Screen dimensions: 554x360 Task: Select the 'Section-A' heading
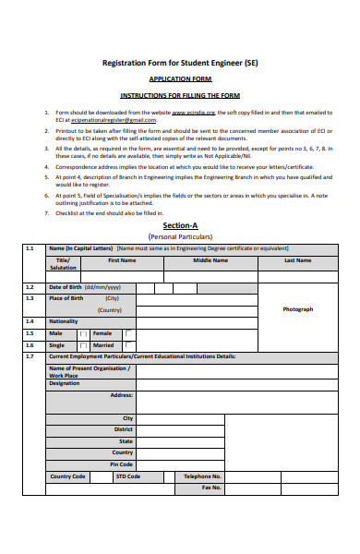[180, 225]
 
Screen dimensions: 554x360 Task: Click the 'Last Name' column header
[296, 260]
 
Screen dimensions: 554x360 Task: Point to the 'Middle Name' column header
[210, 260]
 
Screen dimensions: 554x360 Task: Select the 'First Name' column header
[122, 260]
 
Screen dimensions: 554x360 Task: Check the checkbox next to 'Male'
[84, 333]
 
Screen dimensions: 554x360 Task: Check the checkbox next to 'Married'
[128, 344]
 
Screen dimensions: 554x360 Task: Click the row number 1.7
[30, 355]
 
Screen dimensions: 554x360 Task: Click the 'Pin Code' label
[121, 464]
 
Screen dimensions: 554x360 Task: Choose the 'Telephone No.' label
[203, 476]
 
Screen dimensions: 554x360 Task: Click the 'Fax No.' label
[211, 487]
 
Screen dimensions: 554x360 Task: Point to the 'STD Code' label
[127, 476]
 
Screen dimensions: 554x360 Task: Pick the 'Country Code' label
[67, 476]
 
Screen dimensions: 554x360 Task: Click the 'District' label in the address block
[124, 429]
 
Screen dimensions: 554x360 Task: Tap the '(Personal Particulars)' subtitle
[180, 236]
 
